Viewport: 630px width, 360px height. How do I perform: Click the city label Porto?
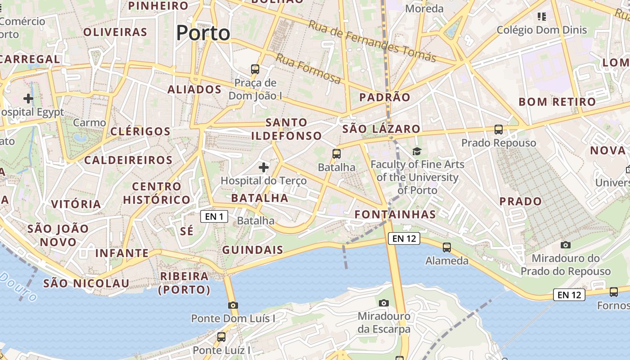coord(203,33)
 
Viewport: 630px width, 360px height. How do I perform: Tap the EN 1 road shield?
coord(214,216)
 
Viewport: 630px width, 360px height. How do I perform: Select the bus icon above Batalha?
coord(337,154)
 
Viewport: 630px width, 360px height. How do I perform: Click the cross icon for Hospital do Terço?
coord(264,168)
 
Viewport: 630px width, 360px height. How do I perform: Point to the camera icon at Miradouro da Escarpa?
coord(383,303)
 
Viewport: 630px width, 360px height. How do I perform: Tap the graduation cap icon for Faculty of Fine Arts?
coord(417,152)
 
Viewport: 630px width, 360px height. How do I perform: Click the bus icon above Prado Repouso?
coord(499,130)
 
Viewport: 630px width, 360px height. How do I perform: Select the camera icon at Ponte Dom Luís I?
coord(233,305)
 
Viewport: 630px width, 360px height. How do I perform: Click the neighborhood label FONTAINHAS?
coord(395,214)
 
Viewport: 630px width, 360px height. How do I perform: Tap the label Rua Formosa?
coord(308,69)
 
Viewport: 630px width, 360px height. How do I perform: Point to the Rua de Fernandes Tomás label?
coord(372,41)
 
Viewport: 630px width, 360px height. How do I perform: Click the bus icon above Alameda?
coord(446,247)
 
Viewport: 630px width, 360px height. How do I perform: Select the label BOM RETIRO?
coord(557,102)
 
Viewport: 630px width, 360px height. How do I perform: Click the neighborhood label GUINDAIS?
coord(252,250)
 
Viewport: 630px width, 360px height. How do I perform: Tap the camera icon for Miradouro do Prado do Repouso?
coord(566,245)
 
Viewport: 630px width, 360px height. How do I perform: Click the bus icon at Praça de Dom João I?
coord(255,69)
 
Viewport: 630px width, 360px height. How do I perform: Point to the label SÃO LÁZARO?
coord(381,129)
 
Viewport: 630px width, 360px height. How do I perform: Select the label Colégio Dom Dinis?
coord(542,30)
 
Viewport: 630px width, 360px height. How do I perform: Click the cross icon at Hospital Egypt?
coord(28,98)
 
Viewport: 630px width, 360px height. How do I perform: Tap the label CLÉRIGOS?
coord(140,131)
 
